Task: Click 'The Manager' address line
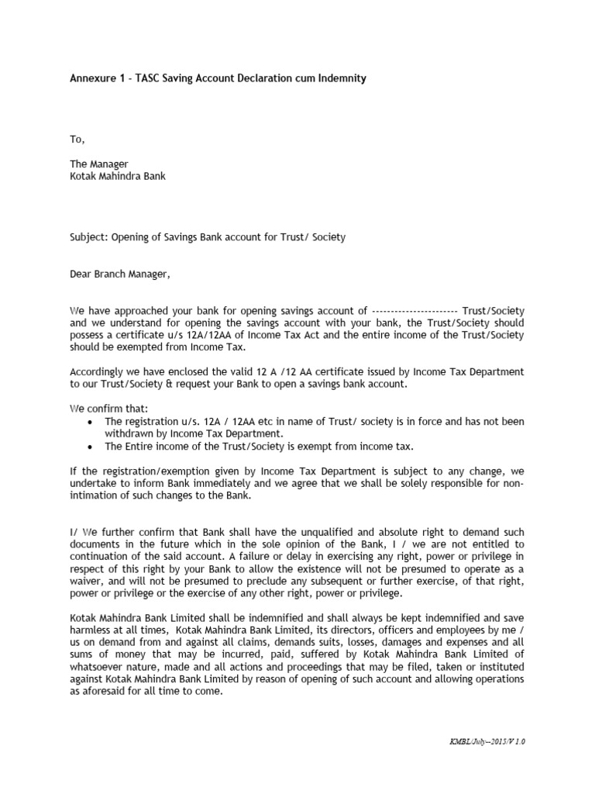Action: [98, 164]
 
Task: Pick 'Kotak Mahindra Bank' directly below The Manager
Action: [118, 176]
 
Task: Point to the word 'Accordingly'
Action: [98, 372]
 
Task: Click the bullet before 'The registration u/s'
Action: [92, 422]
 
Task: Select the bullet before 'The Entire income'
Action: [92, 447]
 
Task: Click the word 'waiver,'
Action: [87, 582]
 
